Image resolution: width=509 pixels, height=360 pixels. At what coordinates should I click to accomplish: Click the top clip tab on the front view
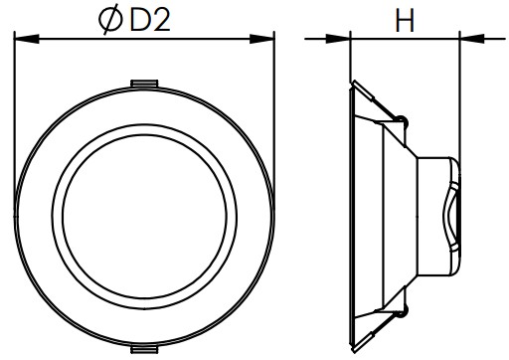pyautogui.click(x=143, y=83)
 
